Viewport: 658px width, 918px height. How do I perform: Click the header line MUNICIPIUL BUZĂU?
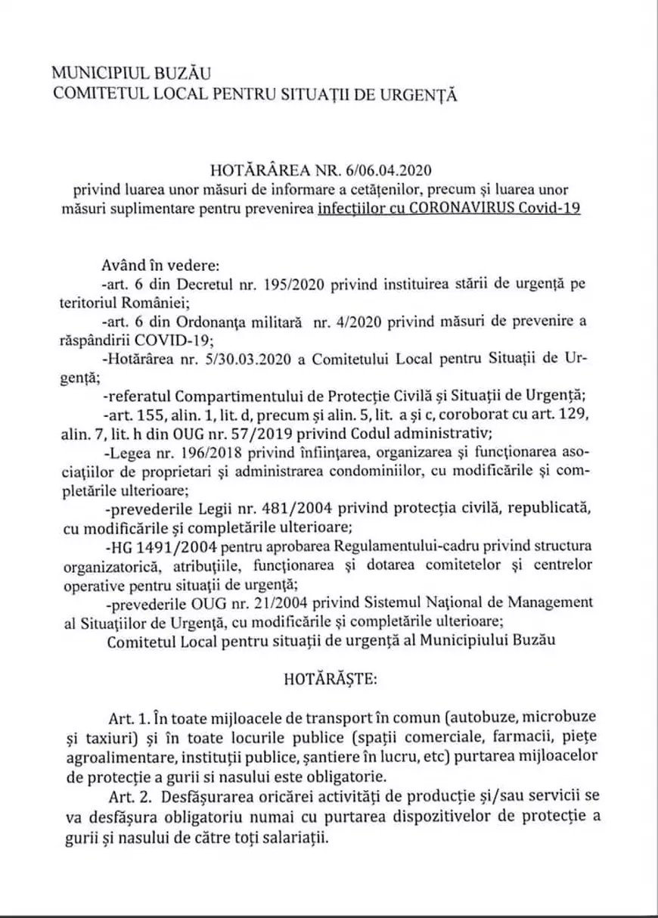(132, 73)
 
